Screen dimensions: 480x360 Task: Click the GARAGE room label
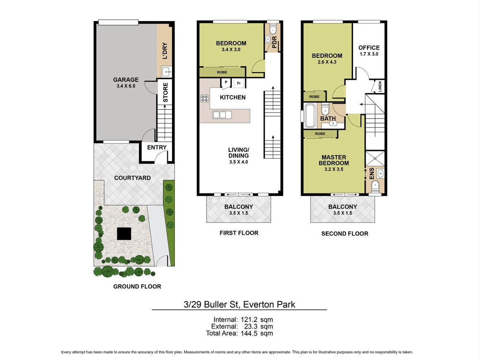point(126,80)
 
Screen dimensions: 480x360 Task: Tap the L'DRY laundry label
point(165,50)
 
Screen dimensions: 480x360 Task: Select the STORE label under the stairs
point(165,93)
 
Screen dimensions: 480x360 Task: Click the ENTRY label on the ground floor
point(157,147)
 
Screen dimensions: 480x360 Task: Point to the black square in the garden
point(124,234)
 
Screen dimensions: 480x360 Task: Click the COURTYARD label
point(132,178)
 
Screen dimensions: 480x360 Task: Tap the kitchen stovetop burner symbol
point(205,98)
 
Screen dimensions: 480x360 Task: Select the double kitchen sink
point(222,115)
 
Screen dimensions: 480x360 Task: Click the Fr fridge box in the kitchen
point(239,83)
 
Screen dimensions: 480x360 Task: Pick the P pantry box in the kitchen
point(226,82)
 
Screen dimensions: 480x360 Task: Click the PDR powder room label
point(274,42)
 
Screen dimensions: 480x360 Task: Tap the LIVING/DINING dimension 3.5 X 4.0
point(239,162)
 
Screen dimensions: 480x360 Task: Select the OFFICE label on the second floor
point(369,48)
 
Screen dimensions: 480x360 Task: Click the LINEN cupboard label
point(380,86)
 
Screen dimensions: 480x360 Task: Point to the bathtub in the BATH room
point(310,115)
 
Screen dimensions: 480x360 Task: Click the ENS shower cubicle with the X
point(375,158)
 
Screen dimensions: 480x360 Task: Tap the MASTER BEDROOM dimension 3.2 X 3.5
point(334,169)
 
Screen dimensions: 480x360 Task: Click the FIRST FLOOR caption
point(239,233)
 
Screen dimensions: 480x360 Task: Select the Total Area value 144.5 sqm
point(256,334)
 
